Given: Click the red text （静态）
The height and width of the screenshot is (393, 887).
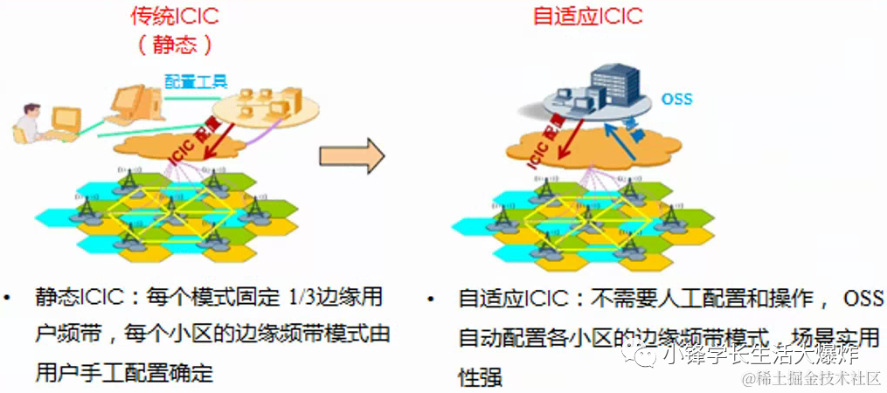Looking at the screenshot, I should click(x=174, y=45).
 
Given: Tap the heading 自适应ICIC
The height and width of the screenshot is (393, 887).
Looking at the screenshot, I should click(x=587, y=16).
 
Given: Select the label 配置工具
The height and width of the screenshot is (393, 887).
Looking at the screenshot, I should click(x=197, y=81).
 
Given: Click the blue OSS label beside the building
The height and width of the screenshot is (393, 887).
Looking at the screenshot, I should click(x=676, y=99).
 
